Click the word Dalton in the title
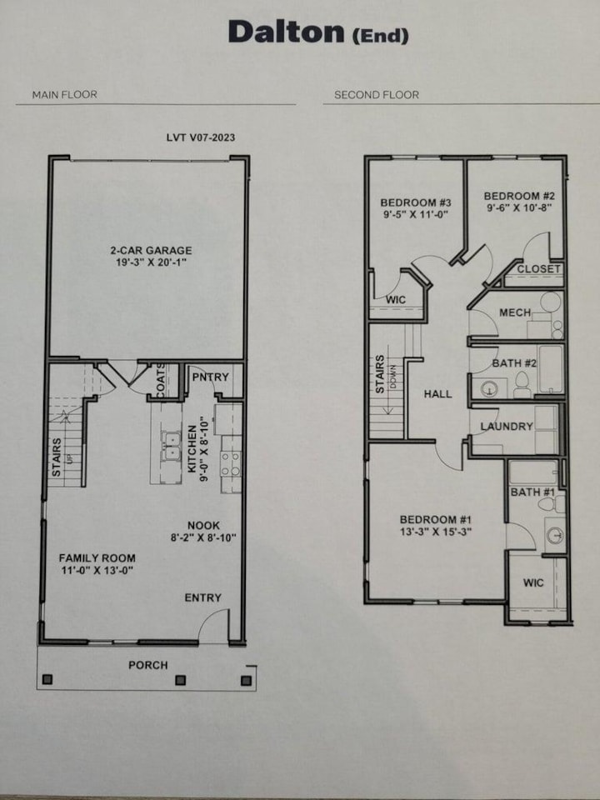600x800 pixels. (285, 32)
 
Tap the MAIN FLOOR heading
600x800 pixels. (64, 95)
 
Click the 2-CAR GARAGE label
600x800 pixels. (151, 250)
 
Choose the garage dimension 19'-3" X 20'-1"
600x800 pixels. (151, 262)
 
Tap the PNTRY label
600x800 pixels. (210, 377)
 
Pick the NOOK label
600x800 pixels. (202, 525)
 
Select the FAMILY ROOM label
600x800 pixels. (97, 557)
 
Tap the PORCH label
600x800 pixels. (147, 665)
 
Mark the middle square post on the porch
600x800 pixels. (180, 680)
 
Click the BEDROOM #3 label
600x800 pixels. (415, 202)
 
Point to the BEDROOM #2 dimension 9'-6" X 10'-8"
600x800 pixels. (519, 209)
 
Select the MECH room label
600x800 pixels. (515, 312)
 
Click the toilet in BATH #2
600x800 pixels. (522, 384)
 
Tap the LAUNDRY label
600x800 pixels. (506, 427)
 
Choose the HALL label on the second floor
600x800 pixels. (437, 393)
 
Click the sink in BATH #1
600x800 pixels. (553, 535)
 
